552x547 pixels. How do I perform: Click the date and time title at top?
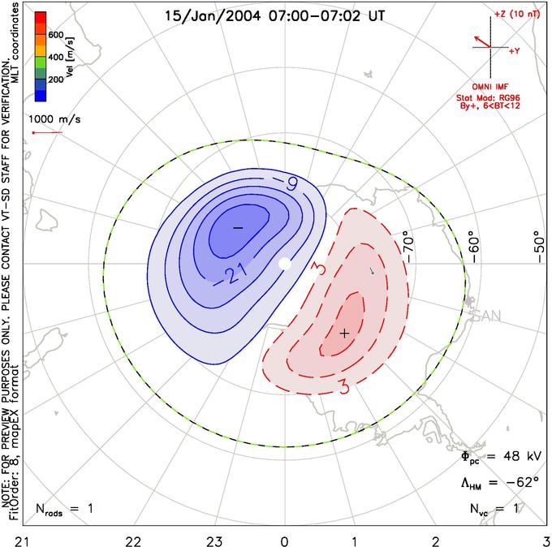click(275, 16)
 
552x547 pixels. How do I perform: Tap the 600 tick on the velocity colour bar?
click(56, 35)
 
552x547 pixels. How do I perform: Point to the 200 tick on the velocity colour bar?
click(56, 80)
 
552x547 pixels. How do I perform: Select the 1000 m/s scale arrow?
click(47, 132)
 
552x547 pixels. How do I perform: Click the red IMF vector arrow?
click(482, 41)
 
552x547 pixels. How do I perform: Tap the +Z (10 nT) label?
click(517, 15)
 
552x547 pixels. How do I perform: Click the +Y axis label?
click(515, 51)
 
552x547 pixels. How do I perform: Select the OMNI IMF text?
click(490, 87)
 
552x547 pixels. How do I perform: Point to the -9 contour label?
click(287, 183)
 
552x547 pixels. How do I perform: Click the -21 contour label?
click(231, 275)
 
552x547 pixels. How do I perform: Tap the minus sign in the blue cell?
click(239, 228)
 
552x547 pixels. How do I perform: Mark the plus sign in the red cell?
click(345, 333)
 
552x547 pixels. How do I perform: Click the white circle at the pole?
click(285, 263)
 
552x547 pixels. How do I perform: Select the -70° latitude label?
click(408, 247)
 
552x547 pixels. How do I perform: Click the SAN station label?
click(486, 316)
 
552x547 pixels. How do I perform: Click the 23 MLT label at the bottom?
click(214, 541)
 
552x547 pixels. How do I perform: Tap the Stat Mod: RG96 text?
click(488, 97)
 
